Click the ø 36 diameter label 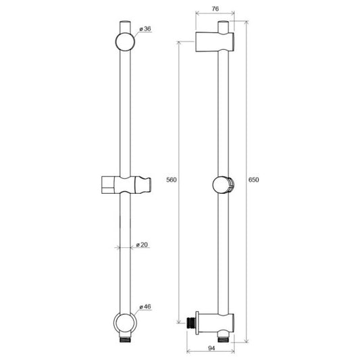[x=145, y=29]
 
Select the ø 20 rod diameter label [x=142, y=245]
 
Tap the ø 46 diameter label [x=145, y=307]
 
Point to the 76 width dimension [x=215, y=9]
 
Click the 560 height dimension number [x=172, y=180]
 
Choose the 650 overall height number [x=254, y=180]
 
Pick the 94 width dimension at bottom [x=211, y=349]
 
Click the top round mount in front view [x=125, y=42]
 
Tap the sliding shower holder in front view [x=126, y=185]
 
